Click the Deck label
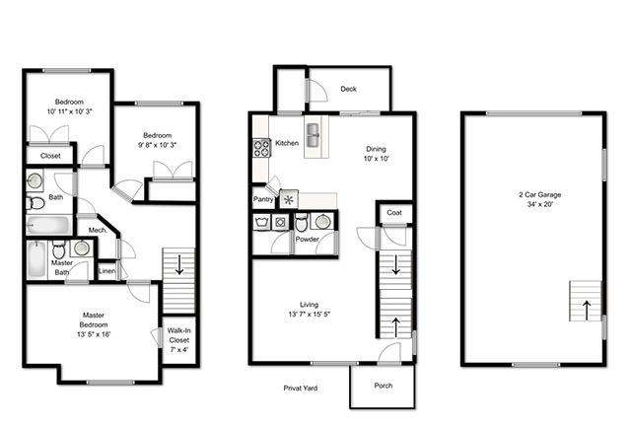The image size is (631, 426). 348,89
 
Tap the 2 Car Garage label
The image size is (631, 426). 539,195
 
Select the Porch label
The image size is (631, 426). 384,386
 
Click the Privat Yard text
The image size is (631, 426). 300,389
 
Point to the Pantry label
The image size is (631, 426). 263,199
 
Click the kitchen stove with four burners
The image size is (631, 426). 261,148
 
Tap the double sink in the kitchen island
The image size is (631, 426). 313,135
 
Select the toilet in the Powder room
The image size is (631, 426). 302,222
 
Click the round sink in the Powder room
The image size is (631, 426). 322,222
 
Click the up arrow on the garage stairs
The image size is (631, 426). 587,310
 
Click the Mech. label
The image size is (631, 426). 98,231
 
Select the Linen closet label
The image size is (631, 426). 106,271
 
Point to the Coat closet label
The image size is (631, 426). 394,213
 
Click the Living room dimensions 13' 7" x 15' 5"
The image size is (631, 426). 309,315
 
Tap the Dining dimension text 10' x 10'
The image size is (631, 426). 377,159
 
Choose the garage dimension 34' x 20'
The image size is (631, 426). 540,204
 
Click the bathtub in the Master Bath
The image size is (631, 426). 36,259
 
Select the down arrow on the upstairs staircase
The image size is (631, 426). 179,264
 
